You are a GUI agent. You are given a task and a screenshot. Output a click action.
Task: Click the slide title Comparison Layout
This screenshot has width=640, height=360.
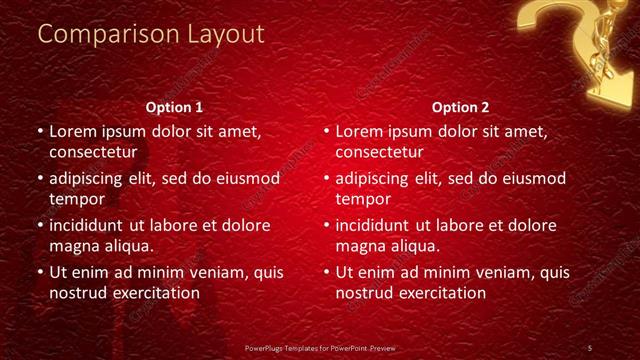click(x=151, y=34)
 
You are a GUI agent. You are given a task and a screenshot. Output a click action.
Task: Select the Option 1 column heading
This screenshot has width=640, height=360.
click(x=175, y=107)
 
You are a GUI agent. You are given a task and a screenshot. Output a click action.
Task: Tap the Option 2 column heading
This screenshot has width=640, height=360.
click(x=461, y=107)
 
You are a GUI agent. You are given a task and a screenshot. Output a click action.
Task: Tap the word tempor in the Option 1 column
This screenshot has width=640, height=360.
click(x=76, y=199)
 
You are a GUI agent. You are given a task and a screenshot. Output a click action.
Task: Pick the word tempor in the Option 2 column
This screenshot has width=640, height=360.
click(x=362, y=199)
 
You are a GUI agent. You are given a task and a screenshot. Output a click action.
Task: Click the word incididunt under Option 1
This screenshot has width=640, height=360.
click(x=91, y=225)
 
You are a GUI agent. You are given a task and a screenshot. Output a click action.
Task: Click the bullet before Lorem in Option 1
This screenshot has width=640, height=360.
click(x=40, y=131)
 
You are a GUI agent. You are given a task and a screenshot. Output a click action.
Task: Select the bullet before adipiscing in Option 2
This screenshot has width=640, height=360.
click(x=326, y=179)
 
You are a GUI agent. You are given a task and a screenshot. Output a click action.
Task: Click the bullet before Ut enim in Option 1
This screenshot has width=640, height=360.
click(x=40, y=272)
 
